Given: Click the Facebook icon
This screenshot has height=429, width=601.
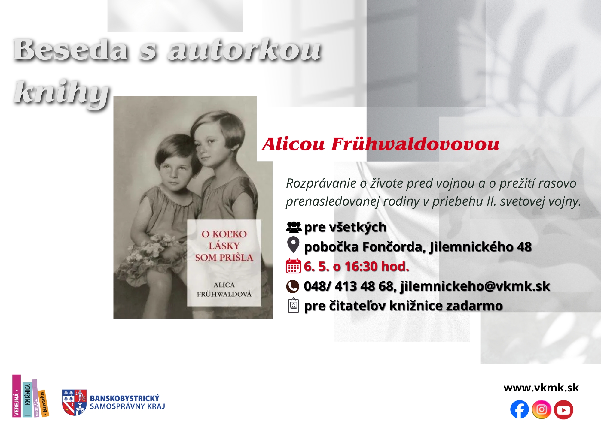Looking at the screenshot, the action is point(519,409).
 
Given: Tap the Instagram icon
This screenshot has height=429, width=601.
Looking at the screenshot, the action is point(542,409).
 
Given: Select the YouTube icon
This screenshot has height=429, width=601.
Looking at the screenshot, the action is point(563,409).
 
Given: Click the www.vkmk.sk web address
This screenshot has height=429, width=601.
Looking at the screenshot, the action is point(541,388).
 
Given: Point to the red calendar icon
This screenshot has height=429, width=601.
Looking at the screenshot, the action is point(293,266).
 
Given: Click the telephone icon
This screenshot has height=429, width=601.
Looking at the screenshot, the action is point(293,286).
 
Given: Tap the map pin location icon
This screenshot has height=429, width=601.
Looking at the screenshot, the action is point(293,245).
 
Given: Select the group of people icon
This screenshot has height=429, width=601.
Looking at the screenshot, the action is point(294,227).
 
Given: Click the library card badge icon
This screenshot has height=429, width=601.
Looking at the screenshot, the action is point(293,305).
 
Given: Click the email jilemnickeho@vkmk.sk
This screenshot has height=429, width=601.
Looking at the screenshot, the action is point(475,286).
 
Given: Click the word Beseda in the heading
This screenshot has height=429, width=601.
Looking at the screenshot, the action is point(71,50).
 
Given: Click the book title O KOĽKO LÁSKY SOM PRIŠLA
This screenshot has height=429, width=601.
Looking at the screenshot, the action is point(224,246).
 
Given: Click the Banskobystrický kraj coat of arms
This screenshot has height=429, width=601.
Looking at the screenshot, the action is point(74,402).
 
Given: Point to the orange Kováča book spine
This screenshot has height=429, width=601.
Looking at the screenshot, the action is point(44,404).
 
